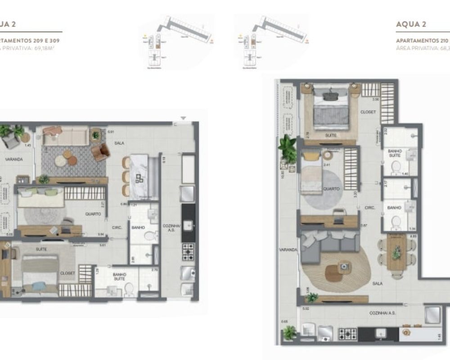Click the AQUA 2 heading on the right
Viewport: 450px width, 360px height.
tap(411, 24)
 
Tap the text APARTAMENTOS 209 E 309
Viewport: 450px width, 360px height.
tap(30, 40)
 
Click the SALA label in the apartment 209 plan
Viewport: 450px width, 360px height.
tap(119, 143)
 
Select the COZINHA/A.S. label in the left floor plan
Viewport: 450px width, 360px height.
tap(172, 229)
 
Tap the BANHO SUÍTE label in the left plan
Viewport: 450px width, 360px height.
tap(119, 276)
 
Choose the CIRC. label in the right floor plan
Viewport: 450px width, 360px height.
tap(370, 208)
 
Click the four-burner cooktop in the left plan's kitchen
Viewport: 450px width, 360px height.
tap(188, 252)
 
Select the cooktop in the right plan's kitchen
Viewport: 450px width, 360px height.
tap(347, 334)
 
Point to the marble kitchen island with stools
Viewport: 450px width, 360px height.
tap(140, 176)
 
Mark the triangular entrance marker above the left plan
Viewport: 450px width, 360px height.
tap(183, 118)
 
